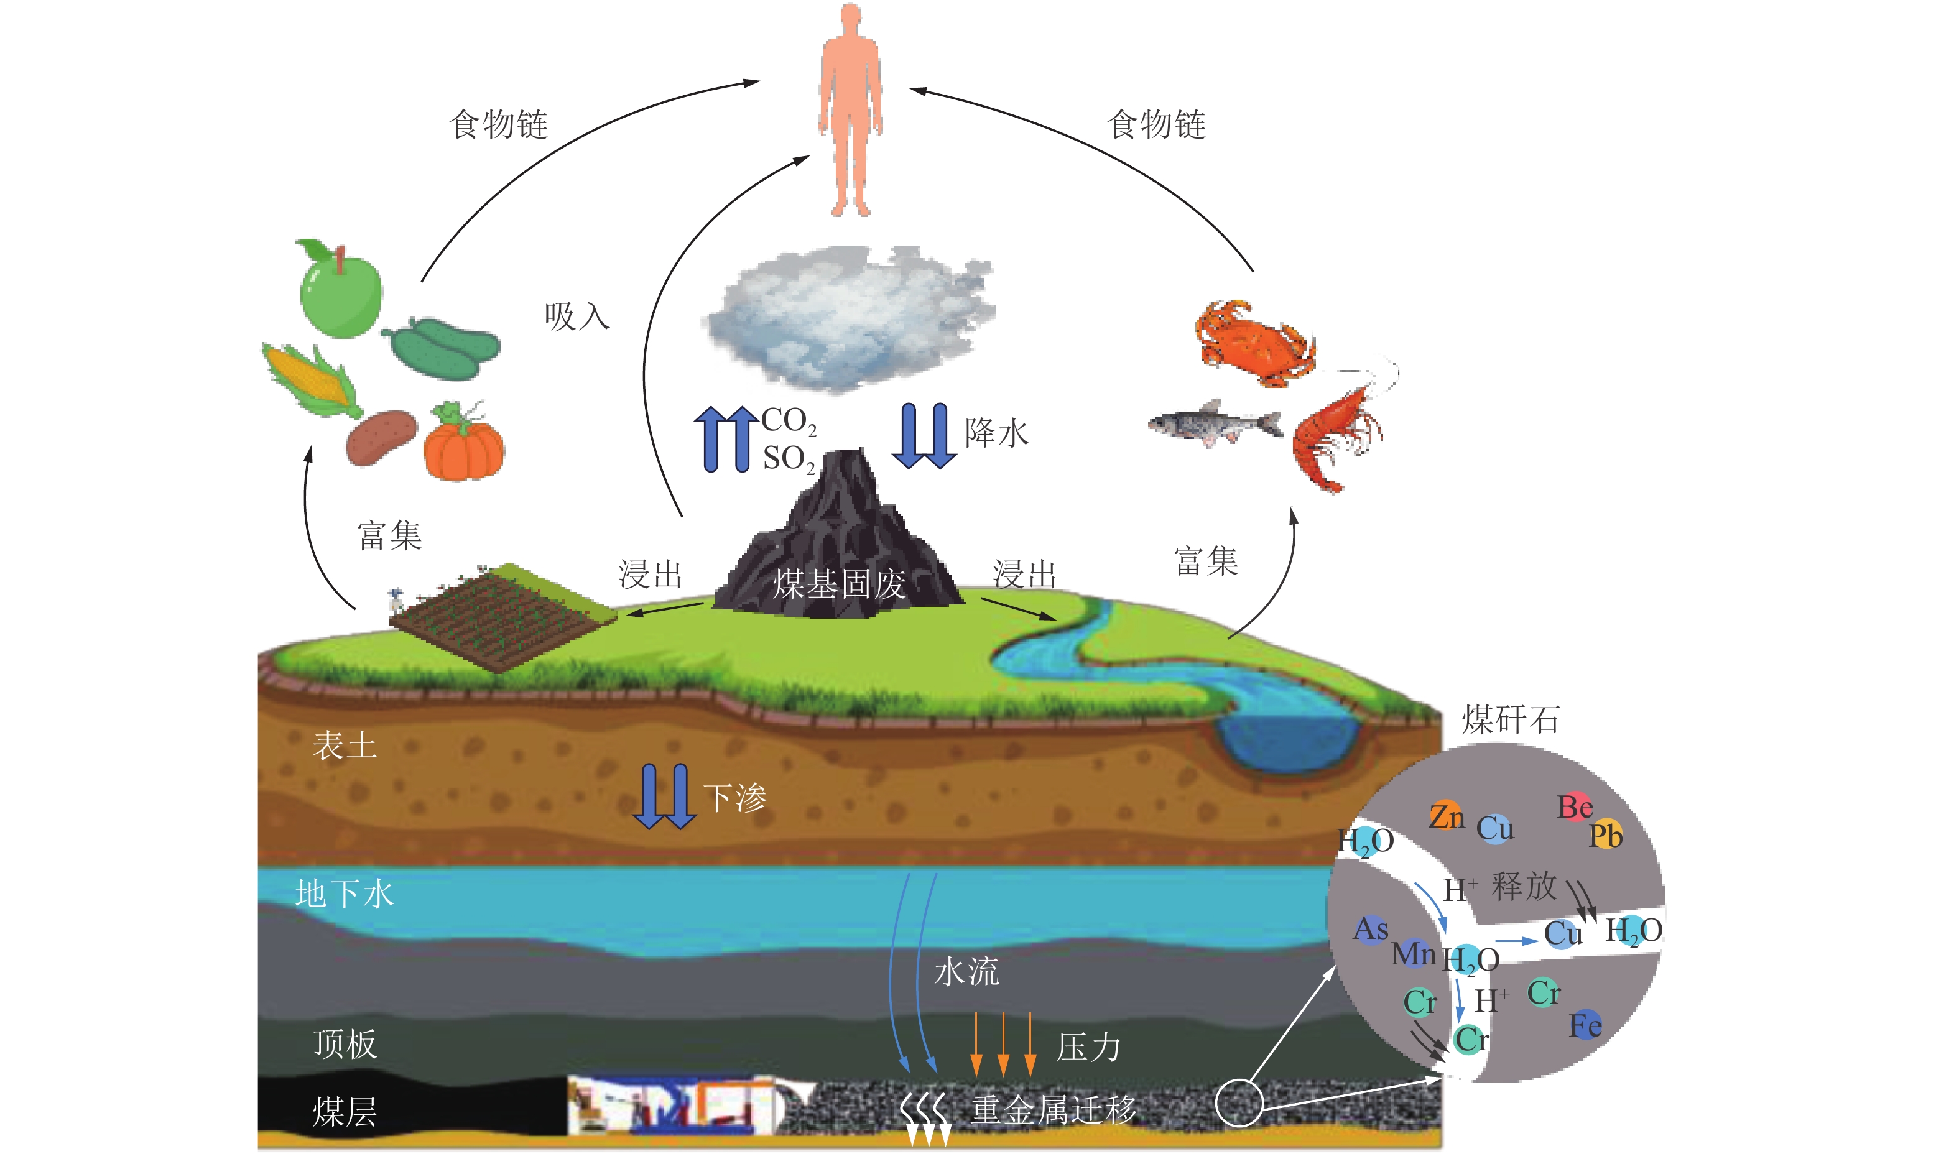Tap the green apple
point(340,291)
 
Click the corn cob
point(310,381)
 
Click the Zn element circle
point(1446,816)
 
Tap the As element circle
point(1371,930)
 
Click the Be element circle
point(1575,807)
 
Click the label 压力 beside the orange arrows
point(1088,1047)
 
